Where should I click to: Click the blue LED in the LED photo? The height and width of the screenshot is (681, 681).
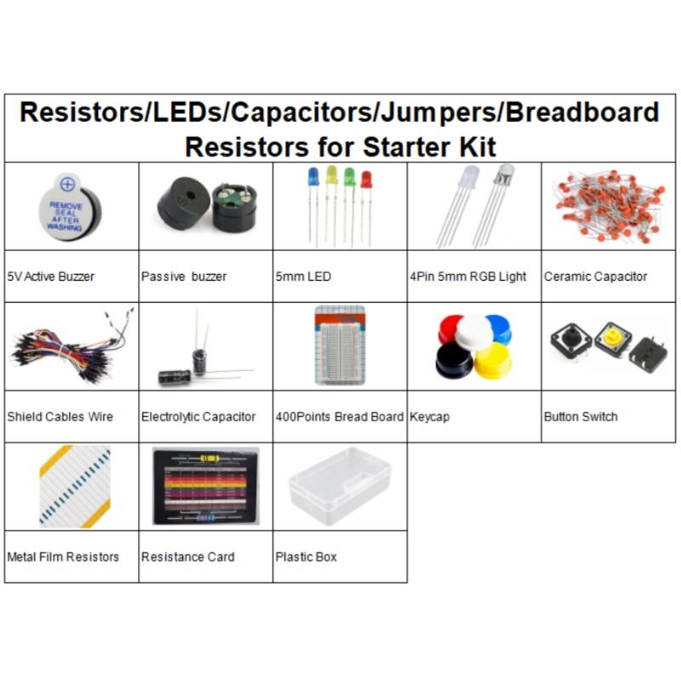pyautogui.click(x=312, y=177)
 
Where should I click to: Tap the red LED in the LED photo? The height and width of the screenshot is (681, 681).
pyautogui.click(x=366, y=180)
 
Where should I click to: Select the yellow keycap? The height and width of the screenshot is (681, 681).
pyautogui.click(x=492, y=360)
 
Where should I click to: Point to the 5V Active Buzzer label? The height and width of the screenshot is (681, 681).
pyautogui.click(x=51, y=277)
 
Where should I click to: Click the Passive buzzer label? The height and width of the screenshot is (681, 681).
pyautogui.click(x=184, y=277)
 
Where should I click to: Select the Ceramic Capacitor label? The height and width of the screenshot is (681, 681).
pyautogui.click(x=596, y=277)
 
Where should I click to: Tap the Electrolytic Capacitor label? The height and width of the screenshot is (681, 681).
pyautogui.click(x=198, y=417)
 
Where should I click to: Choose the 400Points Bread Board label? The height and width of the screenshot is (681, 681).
pyautogui.click(x=340, y=417)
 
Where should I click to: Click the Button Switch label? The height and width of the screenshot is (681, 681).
pyautogui.click(x=581, y=417)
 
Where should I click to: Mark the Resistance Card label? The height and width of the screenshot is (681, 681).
pyautogui.click(x=188, y=557)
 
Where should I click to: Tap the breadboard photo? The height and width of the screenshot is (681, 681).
pyautogui.click(x=340, y=345)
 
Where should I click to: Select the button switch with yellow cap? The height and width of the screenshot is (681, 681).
pyautogui.click(x=610, y=339)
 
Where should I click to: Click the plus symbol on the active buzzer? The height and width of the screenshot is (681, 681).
pyautogui.click(x=68, y=184)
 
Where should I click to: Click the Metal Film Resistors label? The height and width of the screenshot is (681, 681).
pyautogui.click(x=63, y=557)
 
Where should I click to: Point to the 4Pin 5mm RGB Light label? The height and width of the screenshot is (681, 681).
pyautogui.click(x=468, y=277)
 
